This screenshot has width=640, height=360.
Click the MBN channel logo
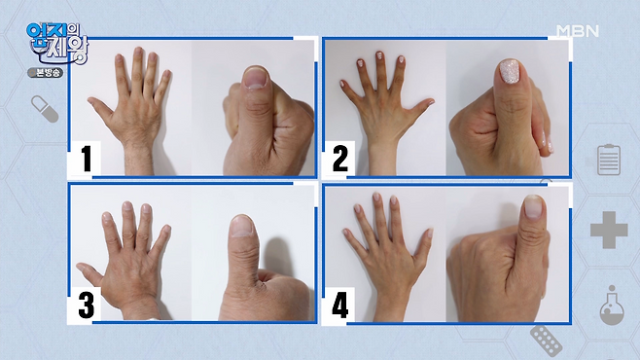(x=578, y=31)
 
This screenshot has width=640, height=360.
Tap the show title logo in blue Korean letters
(x=57, y=42)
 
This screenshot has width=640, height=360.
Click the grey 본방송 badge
(x=46, y=73)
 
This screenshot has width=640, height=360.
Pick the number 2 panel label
(x=340, y=159)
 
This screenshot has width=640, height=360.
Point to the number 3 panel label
(x=87, y=305)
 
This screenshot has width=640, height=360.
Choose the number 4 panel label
(x=340, y=305)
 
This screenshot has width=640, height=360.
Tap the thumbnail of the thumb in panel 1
(x=255, y=79)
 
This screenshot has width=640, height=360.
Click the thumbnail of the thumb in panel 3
(x=242, y=227)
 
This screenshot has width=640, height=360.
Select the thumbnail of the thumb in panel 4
(x=533, y=206)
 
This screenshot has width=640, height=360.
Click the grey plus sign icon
(x=609, y=230)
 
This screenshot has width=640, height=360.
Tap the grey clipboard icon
(x=609, y=160)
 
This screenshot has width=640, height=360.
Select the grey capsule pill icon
(x=45, y=109)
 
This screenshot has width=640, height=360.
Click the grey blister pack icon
(x=546, y=341)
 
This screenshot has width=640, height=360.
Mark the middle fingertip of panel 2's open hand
(x=379, y=55)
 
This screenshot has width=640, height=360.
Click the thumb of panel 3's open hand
(x=89, y=272)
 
